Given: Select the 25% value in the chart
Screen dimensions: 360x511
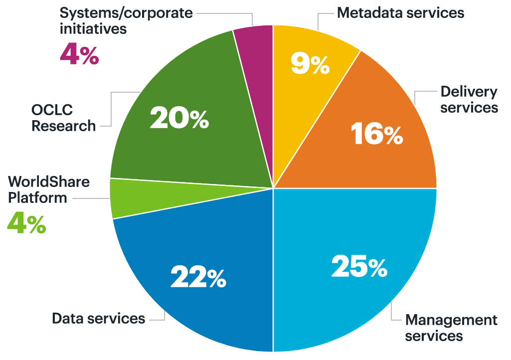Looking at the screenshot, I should [359, 266].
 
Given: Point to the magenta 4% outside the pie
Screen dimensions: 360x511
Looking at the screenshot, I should [79, 54].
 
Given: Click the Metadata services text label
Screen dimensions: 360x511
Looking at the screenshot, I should [400, 12].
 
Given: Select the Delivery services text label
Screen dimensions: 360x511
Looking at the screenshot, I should [469, 100].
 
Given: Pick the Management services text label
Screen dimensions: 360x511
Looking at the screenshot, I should [451, 327].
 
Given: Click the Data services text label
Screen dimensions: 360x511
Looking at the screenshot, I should [99, 318].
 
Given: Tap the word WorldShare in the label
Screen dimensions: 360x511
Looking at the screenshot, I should [48, 181].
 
